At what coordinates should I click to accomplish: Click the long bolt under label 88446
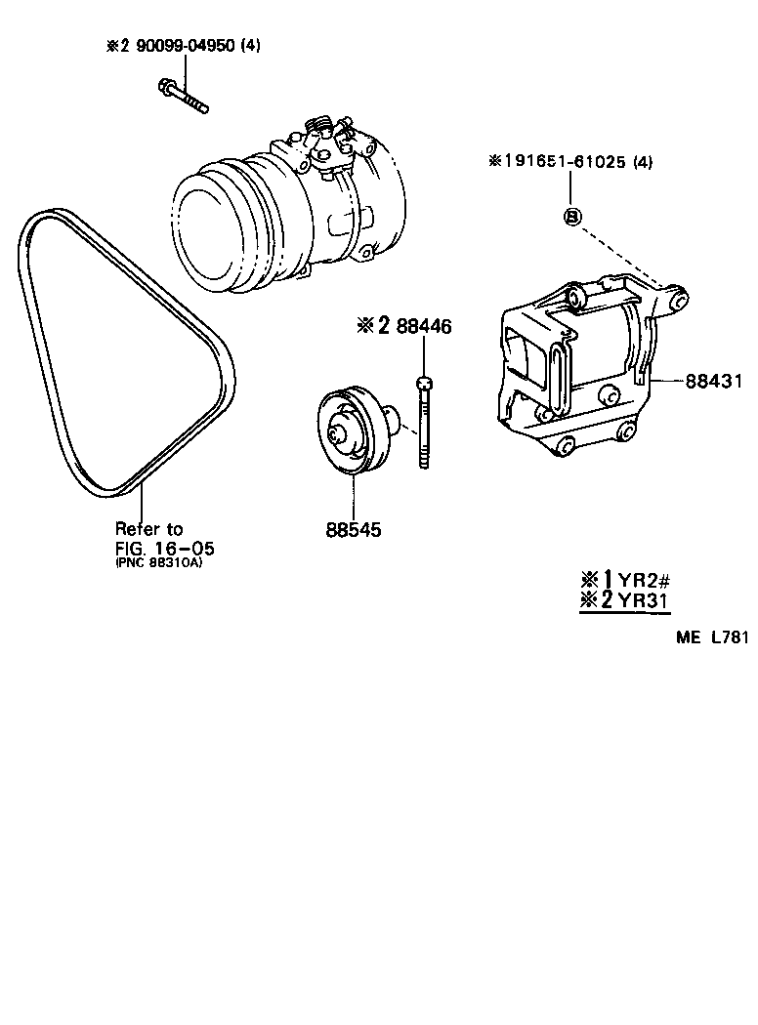[x=424, y=425]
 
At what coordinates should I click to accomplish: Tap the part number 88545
[x=353, y=531]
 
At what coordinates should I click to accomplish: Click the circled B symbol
[x=573, y=216]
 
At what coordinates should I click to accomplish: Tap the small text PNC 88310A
[x=159, y=562]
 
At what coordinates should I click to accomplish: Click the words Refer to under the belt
[x=148, y=529]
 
